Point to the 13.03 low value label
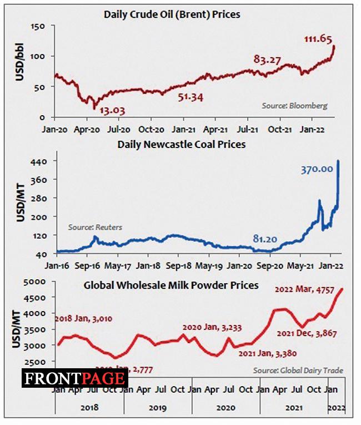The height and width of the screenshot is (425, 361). (x=112, y=110)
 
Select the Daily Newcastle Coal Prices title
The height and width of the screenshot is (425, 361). (x=182, y=145)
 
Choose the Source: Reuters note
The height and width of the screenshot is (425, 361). (x=95, y=227)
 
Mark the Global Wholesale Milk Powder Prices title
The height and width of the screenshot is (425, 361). (x=171, y=285)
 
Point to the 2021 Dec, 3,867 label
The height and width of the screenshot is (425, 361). (x=308, y=334)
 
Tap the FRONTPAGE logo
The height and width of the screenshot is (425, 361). (x=75, y=379)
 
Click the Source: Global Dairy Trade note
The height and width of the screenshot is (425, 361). (x=298, y=370)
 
